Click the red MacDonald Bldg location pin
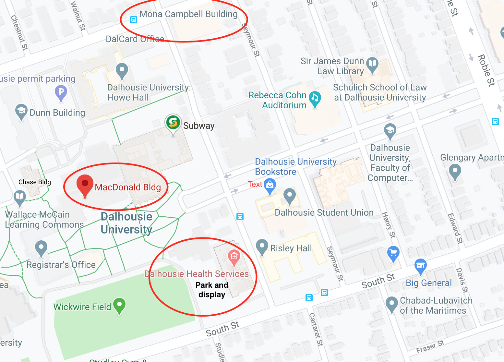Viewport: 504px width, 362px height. pos(85,185)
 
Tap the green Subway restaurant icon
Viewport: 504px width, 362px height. pos(173,123)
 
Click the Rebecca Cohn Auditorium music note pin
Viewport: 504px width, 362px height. pos(315,98)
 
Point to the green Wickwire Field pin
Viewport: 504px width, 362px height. pos(119,305)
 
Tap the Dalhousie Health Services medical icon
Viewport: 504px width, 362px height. pos(234,257)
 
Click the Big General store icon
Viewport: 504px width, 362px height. pos(420,265)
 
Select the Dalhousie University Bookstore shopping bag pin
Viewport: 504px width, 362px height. pos(270,185)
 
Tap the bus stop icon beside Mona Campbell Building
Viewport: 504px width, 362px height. pos(134,20)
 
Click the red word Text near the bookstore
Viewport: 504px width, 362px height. pos(255,184)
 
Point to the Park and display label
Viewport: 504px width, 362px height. pos(212,290)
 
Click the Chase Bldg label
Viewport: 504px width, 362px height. pos(35,182)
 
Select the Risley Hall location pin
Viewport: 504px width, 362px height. pos(262,247)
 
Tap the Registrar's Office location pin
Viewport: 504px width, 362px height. pos(41,248)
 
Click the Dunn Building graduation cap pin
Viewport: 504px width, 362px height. pos(21,111)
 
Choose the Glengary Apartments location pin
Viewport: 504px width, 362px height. pos(455,171)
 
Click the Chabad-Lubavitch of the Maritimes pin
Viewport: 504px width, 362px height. pos(392,304)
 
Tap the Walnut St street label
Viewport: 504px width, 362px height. pos(78,16)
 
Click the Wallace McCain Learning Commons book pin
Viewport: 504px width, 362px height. pos(20,197)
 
